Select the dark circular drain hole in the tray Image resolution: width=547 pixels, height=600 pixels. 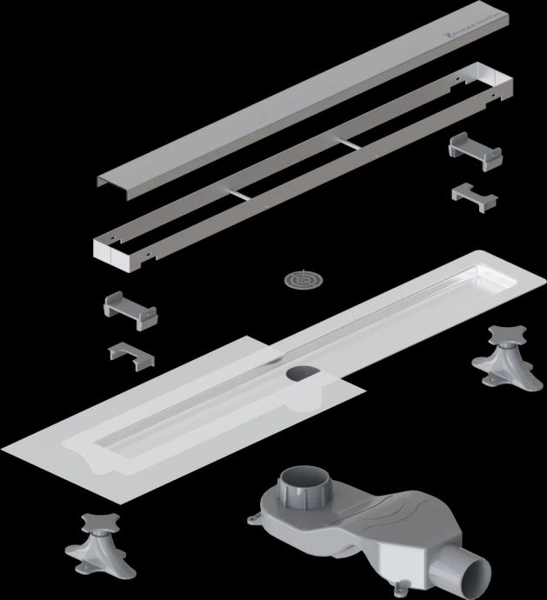[x=301, y=376]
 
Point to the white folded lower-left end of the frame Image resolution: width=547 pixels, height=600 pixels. [x=115, y=254]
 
